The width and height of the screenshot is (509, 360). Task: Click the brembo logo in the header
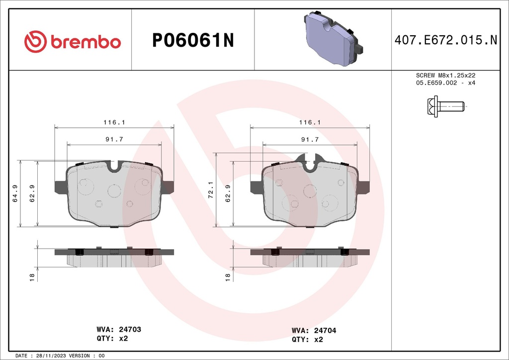(x=73, y=42)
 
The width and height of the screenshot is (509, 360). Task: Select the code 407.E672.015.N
(x=445, y=41)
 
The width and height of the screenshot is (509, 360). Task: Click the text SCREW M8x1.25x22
(x=446, y=75)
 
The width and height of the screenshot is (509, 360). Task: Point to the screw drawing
(x=445, y=106)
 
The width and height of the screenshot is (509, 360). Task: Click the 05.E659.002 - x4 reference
(x=446, y=83)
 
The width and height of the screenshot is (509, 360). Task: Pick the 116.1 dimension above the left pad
(x=114, y=122)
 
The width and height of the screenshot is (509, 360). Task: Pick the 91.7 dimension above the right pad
(x=310, y=140)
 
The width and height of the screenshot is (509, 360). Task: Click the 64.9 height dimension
(x=15, y=193)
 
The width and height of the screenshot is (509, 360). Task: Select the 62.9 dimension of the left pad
(x=32, y=193)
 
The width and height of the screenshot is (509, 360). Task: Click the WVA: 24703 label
(x=118, y=329)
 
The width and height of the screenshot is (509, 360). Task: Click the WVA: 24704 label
(x=314, y=330)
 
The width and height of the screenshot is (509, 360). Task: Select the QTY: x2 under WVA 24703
(x=112, y=339)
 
